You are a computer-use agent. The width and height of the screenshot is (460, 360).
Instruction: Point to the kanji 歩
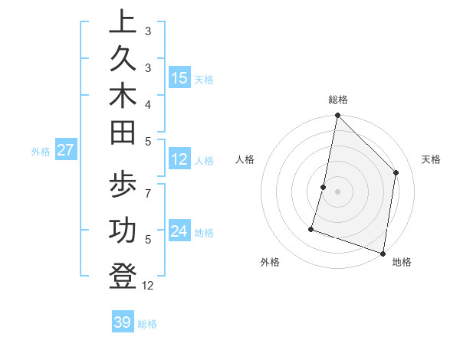(123, 187)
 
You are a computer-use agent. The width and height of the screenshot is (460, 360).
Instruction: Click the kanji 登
(123, 275)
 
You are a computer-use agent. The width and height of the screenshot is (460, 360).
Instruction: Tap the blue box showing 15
(179, 78)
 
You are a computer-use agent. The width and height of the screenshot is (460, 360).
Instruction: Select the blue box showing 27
(65, 150)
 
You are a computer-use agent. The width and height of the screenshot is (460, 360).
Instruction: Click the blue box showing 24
(179, 231)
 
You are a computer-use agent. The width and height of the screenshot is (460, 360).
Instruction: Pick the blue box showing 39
(123, 322)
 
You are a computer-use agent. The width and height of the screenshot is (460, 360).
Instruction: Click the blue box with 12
(179, 160)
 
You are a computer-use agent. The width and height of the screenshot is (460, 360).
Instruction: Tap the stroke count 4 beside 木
(148, 104)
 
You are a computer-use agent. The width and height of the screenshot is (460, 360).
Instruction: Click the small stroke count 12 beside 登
(148, 286)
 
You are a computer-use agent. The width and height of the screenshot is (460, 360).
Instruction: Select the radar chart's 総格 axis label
(338, 100)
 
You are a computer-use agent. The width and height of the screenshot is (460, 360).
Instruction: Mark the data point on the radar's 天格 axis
(396, 172)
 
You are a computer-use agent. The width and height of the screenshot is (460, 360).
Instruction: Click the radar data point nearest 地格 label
(383, 253)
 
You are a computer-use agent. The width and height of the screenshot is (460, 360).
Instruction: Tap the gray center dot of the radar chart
(337, 191)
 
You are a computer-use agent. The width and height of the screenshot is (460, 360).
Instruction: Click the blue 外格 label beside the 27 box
(41, 152)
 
